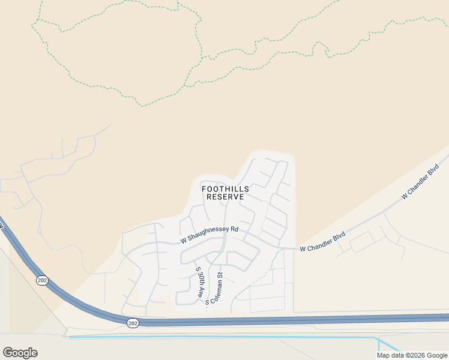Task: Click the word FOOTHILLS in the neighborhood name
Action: [225, 188]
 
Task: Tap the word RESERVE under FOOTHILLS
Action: [225, 197]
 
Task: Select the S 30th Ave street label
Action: [199, 283]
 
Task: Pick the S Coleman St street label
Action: [215, 289]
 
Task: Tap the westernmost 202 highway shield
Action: [42, 280]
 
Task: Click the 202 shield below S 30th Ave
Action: [132, 323]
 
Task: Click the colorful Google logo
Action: [20, 353]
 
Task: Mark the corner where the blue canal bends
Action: [378, 338]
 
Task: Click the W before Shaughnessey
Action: [184, 241]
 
